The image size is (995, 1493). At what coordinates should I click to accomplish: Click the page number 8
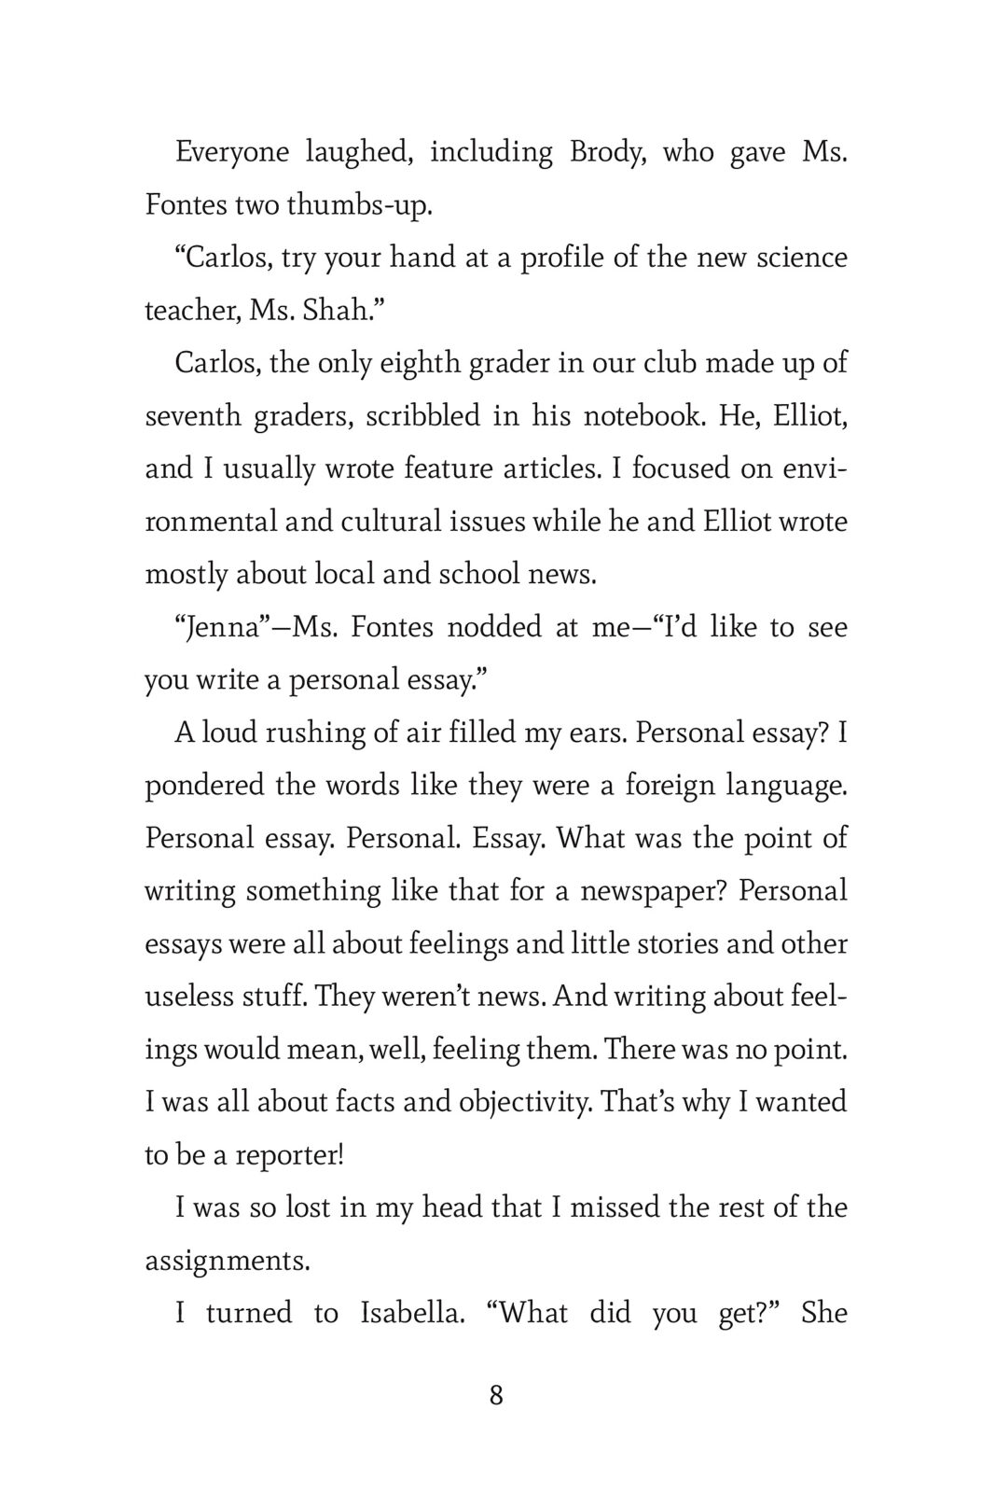[496, 1396]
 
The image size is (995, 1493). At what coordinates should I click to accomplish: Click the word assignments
[227, 1261]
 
